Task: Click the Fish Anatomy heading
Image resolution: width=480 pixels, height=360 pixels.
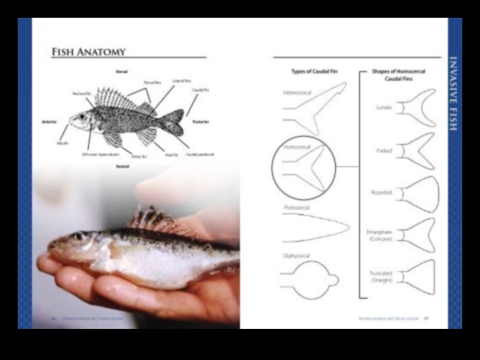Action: [x=89, y=52]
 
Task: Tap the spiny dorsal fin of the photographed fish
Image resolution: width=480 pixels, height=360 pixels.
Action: [x=151, y=219]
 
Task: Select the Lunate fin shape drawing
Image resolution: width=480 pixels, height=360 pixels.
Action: [x=415, y=109]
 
